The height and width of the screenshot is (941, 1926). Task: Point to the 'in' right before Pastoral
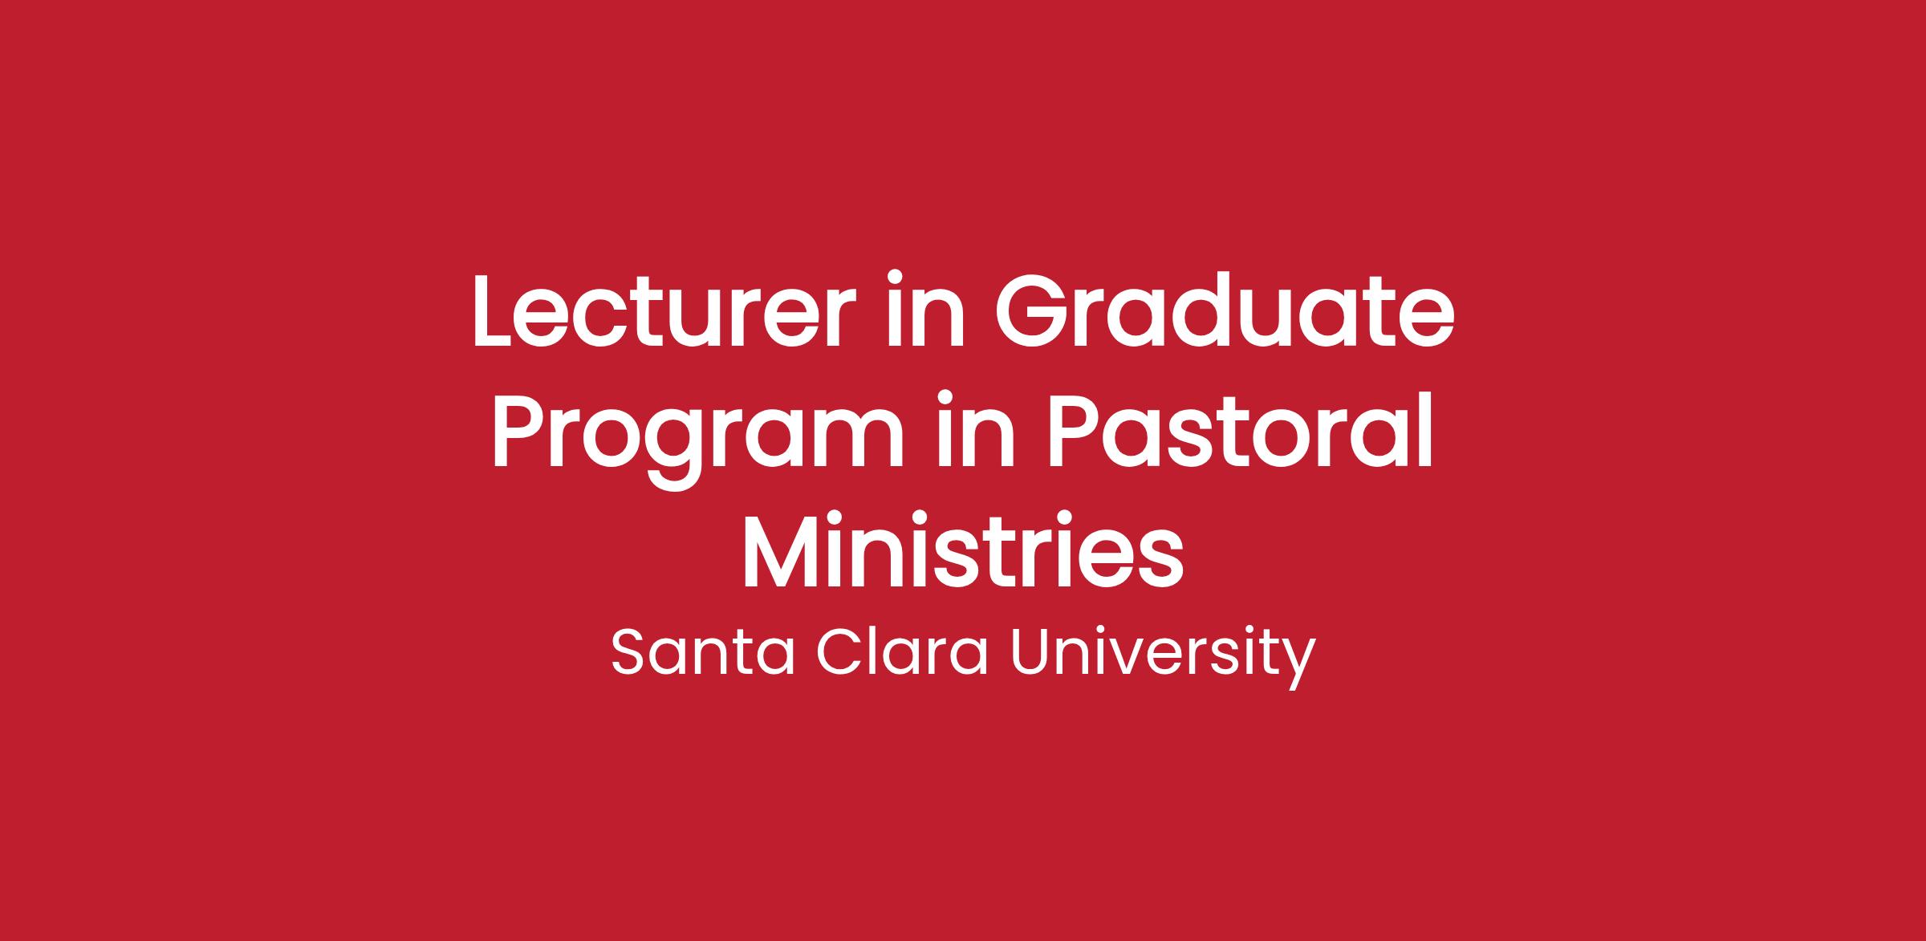click(977, 429)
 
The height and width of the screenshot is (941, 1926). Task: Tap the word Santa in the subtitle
click(703, 652)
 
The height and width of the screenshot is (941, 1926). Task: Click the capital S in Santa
click(629, 653)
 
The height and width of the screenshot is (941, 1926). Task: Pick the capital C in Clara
click(839, 653)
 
